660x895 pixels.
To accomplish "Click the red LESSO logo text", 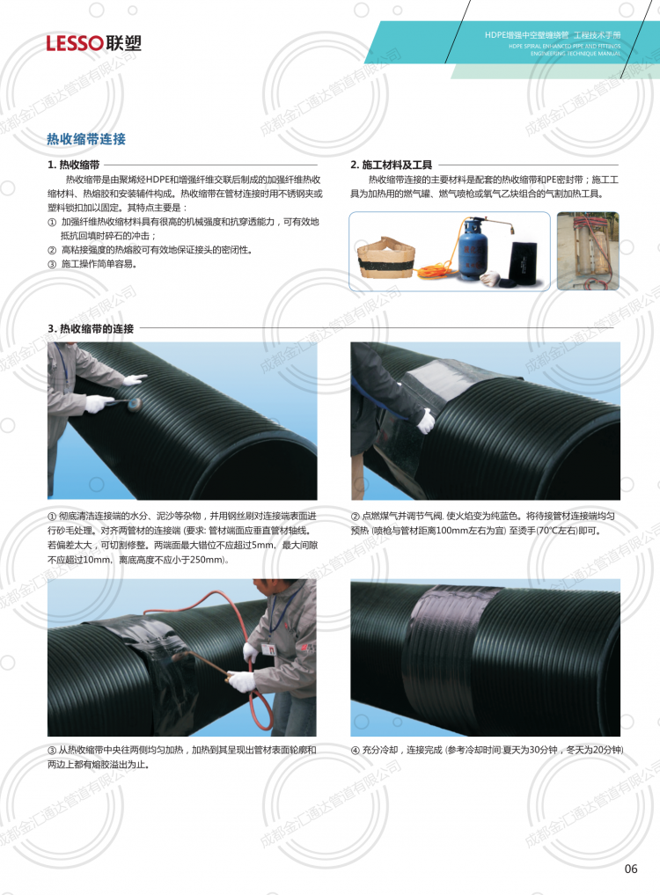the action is (x=74, y=43).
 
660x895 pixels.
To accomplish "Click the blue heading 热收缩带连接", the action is (x=86, y=139).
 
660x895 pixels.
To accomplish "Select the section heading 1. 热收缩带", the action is (x=74, y=165).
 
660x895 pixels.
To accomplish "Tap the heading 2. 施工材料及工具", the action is (x=391, y=165).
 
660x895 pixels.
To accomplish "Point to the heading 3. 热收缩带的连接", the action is (x=91, y=329).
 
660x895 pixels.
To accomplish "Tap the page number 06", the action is (x=631, y=869).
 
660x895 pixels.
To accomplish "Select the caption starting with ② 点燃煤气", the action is (x=483, y=524).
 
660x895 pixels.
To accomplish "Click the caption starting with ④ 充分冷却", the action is (x=487, y=750).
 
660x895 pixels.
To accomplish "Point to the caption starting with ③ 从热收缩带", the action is (x=181, y=758).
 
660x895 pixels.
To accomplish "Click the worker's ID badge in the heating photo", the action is (x=268, y=649).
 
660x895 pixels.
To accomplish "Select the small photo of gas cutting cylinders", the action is (x=588, y=251).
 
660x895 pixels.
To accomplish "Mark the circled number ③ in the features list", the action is (x=52, y=264).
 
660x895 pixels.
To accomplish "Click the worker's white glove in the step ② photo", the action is (x=425, y=422).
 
